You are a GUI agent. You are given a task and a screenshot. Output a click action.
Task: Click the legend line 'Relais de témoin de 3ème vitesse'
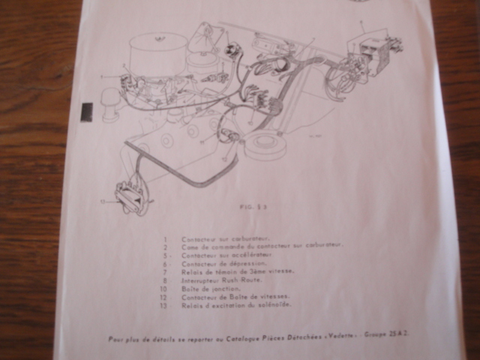237,271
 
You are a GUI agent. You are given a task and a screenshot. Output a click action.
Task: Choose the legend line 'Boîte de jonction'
211,288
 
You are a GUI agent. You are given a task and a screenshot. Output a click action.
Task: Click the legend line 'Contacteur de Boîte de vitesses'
232,296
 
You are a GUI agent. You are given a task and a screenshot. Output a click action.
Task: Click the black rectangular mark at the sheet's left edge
86,112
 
